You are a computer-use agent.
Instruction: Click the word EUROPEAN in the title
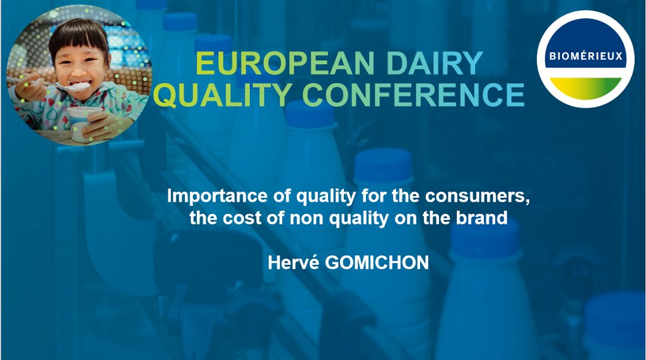285,63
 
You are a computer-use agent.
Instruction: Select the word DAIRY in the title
435,63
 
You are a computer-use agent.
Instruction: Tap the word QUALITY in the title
225,95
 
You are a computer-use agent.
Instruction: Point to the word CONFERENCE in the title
414,95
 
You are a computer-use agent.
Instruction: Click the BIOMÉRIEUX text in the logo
585,56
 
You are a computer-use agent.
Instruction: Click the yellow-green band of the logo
585,88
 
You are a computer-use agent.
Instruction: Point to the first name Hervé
293,263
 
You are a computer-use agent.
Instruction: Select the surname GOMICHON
377,263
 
